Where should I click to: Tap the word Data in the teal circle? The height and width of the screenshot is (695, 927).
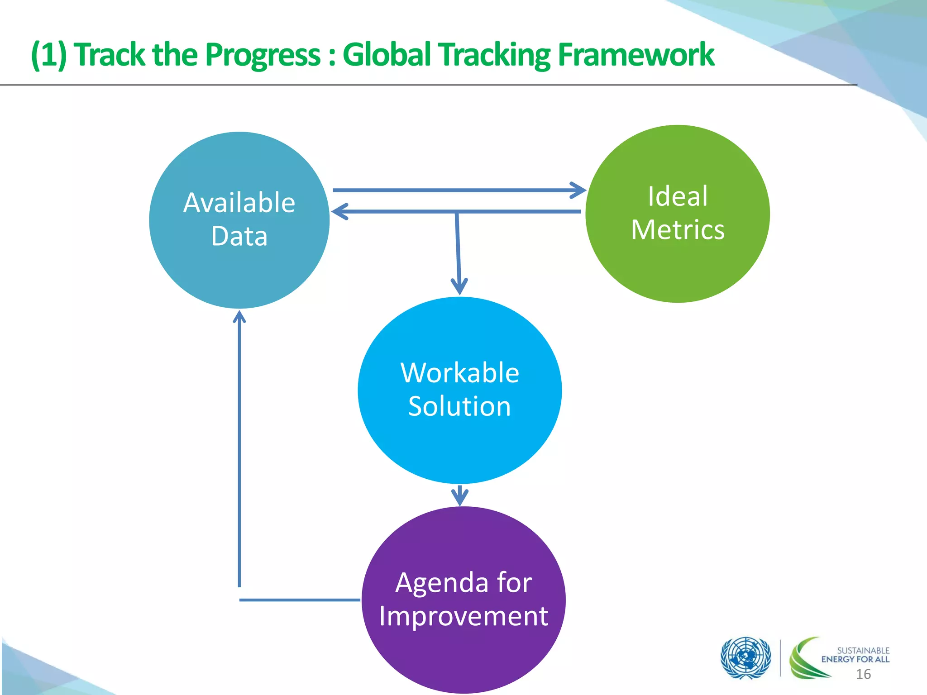(x=239, y=236)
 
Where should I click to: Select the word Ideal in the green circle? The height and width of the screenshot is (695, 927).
(x=677, y=196)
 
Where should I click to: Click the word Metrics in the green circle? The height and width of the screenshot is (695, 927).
(x=677, y=230)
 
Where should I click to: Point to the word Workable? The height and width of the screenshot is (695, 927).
(x=459, y=373)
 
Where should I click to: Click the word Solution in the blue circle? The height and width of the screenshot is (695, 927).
(x=459, y=406)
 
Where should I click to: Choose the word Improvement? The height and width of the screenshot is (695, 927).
(x=463, y=616)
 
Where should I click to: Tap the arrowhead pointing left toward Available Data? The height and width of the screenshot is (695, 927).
(x=339, y=211)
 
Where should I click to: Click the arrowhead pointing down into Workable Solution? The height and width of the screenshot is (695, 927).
(x=459, y=287)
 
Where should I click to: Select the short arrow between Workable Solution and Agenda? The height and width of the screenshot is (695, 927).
(x=460, y=495)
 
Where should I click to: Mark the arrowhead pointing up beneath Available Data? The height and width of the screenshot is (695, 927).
(x=239, y=317)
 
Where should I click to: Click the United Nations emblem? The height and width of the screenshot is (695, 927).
(x=745, y=657)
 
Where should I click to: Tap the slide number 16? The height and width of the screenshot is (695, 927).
(x=863, y=674)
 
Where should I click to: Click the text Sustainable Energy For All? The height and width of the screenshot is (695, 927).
(x=855, y=655)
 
